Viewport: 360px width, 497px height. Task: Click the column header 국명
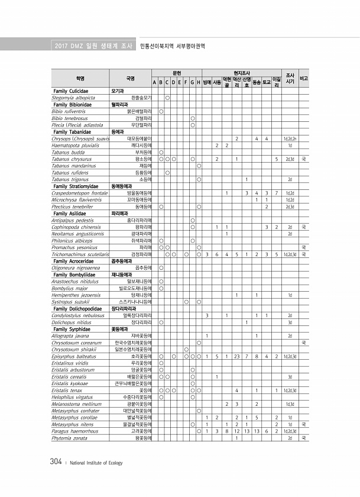131,78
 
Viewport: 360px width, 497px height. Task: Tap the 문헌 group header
176,71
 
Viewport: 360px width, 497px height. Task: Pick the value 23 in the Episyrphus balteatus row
236,357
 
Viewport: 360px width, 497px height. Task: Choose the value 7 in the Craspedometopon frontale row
276,193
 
